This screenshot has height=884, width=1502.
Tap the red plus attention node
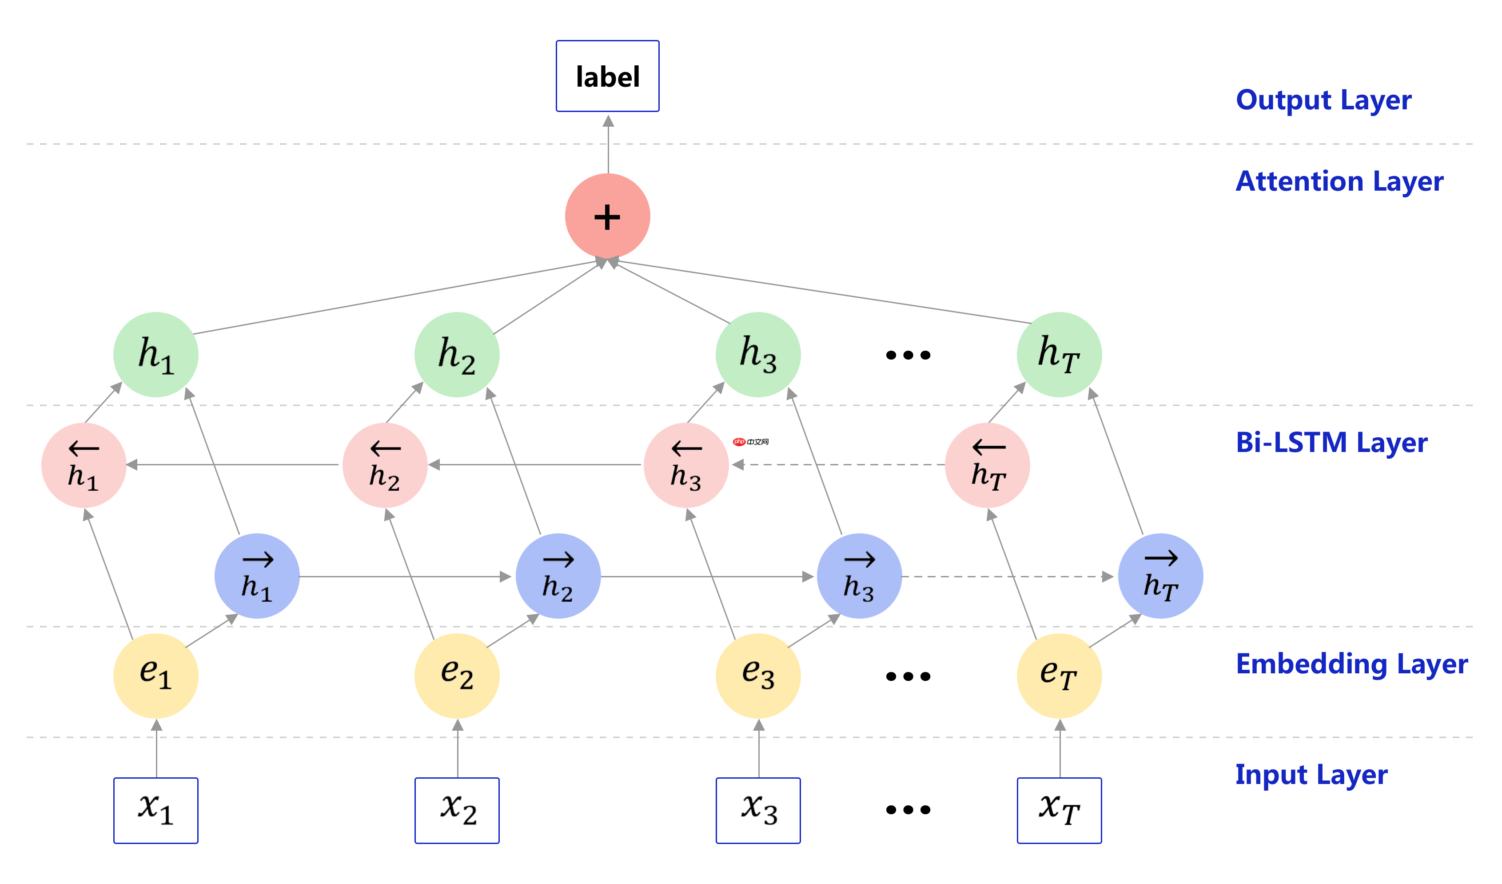607,216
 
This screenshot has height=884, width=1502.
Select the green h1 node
155,354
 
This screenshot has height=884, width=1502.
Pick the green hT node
1059,354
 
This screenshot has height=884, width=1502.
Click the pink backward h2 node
385,465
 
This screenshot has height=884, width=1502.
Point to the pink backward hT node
987,465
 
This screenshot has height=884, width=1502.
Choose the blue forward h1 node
257,576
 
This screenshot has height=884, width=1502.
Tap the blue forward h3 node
859,576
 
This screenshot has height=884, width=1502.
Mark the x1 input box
155,810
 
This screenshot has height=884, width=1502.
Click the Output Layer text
1323,100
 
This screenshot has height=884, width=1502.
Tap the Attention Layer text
1339,181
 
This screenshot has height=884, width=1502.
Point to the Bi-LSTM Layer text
1331,443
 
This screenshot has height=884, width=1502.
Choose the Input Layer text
1311,775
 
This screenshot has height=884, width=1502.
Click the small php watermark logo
750,442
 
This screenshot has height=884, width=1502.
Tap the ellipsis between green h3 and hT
908,356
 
